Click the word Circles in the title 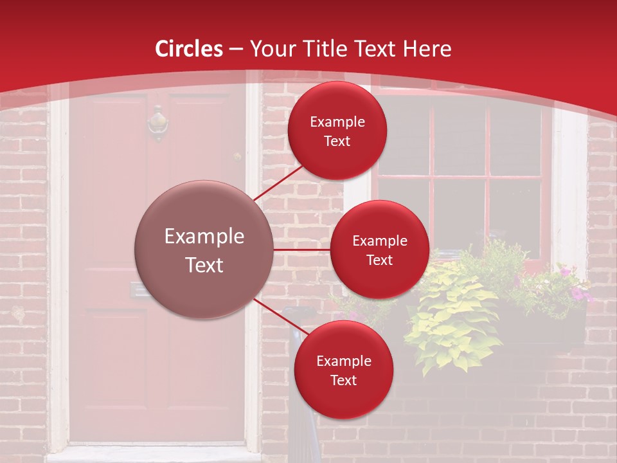point(189,49)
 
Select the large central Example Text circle point(204,250)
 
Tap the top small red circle point(337,131)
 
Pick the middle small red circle point(379,250)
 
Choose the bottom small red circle point(343,370)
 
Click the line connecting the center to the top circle point(278,183)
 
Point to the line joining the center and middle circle point(301,250)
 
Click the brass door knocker point(157,123)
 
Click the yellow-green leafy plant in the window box point(450,315)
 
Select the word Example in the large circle point(204,237)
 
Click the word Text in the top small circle point(337,141)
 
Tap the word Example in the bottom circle point(343,361)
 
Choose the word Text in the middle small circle point(379,260)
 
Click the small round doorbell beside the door point(237,157)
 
